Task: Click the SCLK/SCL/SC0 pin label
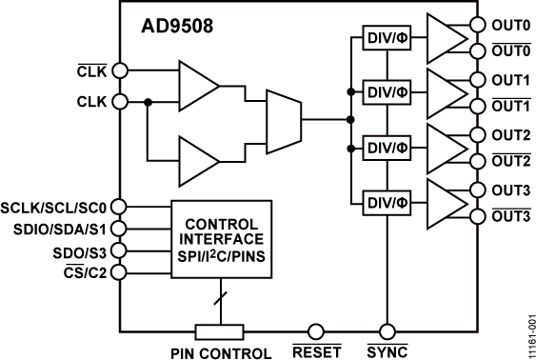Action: point(56,205)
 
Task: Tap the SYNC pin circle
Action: point(387,330)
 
